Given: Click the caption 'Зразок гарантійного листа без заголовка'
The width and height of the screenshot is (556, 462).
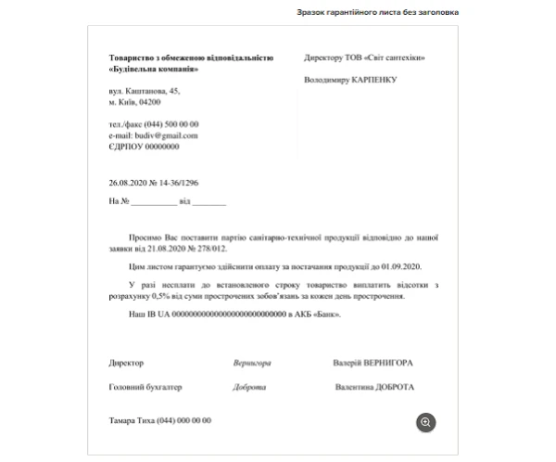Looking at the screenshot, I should tap(377, 12).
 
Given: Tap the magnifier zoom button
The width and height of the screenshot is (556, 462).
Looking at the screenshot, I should tap(425, 422).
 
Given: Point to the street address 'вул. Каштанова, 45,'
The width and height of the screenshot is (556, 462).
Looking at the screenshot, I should tap(144, 91).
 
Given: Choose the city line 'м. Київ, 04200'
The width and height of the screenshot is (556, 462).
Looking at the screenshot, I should tap(134, 102).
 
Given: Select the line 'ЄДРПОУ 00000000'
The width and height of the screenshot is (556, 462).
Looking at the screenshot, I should tap(144, 147).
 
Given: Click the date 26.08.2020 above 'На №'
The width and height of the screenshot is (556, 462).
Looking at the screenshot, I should tap(129, 183).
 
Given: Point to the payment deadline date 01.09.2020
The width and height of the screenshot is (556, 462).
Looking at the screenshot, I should tap(399, 266).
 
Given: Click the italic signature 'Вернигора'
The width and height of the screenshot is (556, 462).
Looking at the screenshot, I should tap(252, 363).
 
